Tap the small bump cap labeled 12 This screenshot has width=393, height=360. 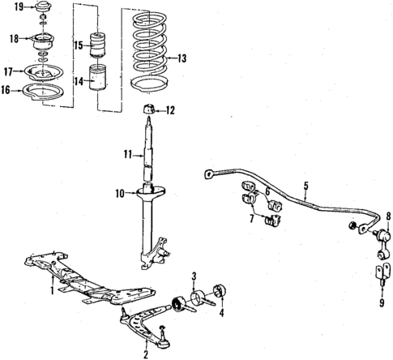[148, 109]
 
